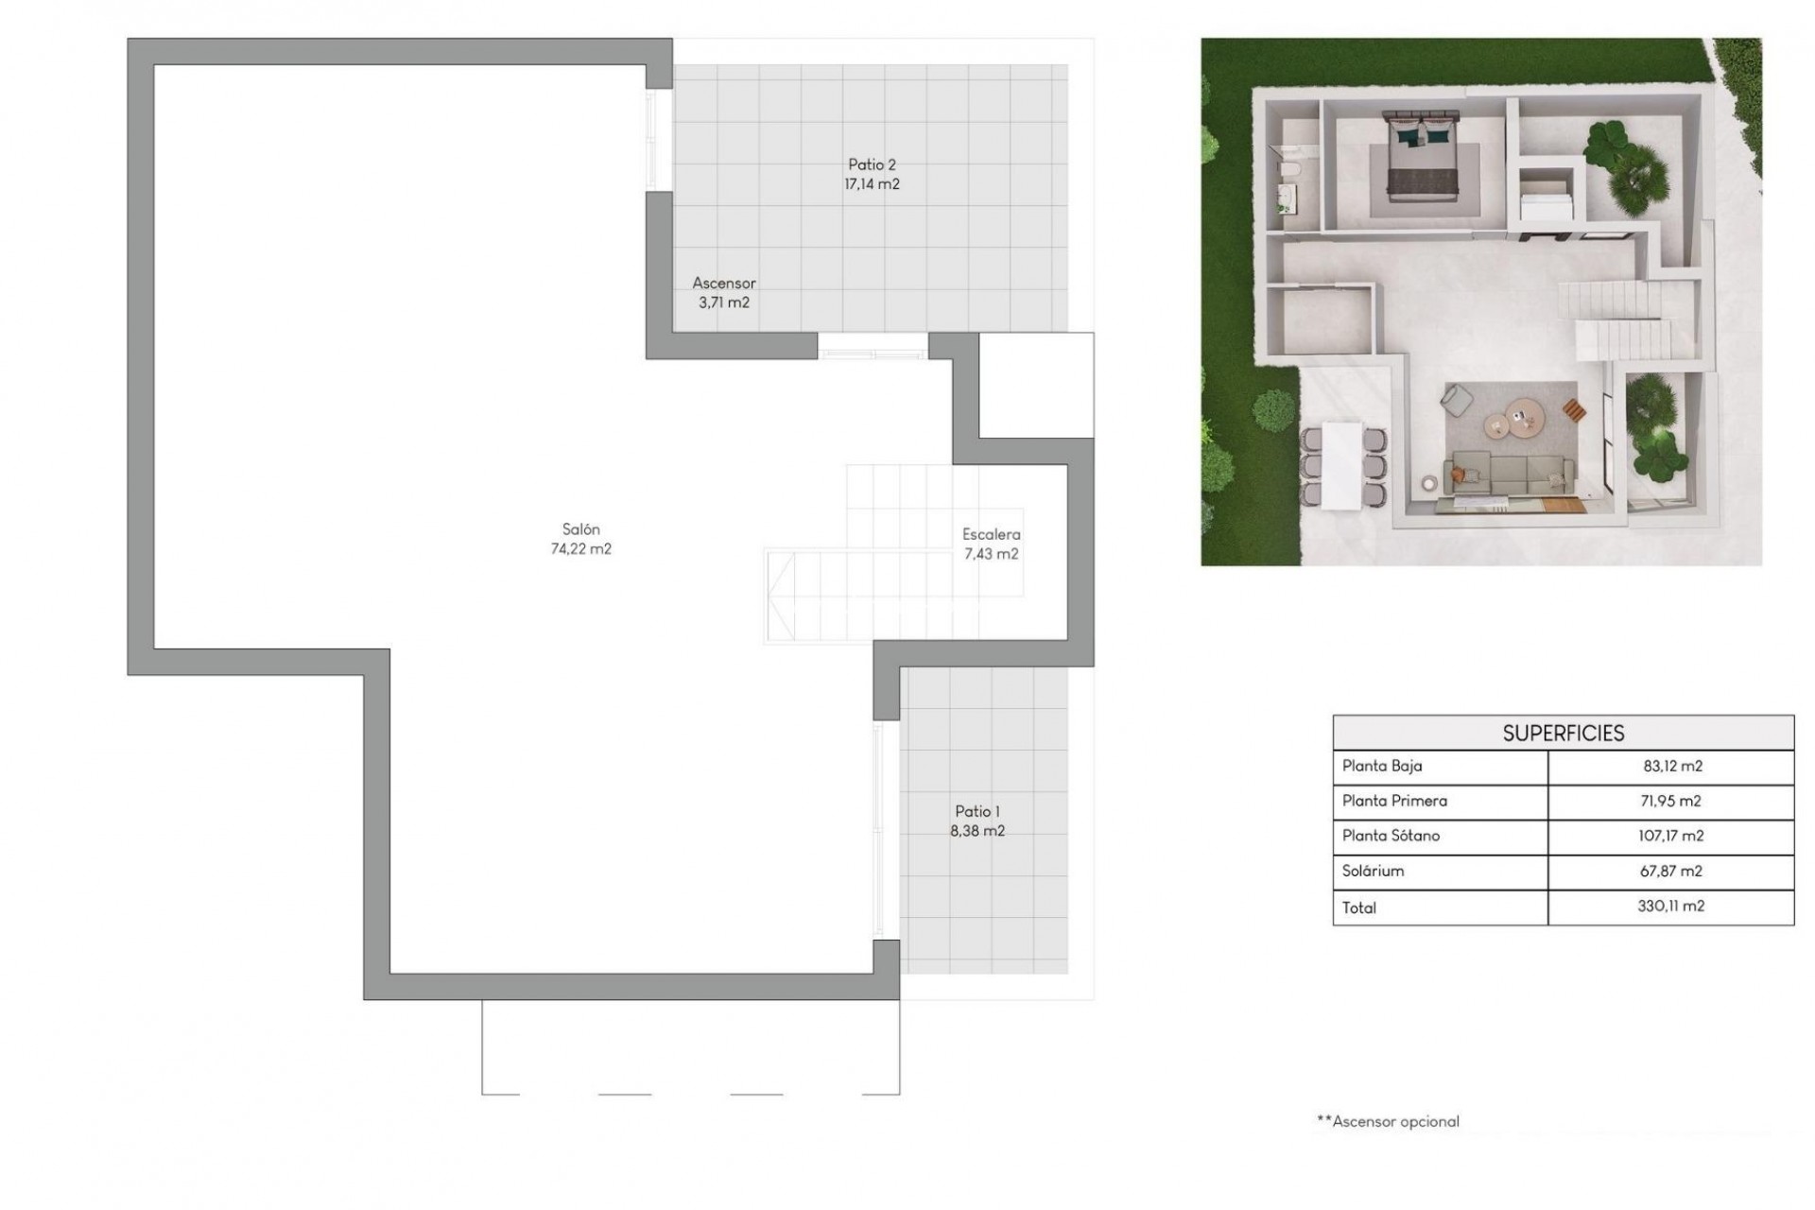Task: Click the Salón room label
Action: point(580,529)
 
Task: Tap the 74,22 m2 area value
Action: point(580,549)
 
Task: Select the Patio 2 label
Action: point(872,164)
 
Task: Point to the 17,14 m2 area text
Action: point(872,184)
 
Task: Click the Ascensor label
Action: point(724,283)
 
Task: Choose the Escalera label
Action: point(991,534)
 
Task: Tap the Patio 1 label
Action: point(977,811)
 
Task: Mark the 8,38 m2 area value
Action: point(977,831)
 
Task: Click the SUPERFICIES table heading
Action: point(1563,733)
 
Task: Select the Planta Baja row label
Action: point(1381,766)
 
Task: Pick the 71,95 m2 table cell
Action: point(1670,801)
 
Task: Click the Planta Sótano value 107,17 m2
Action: point(1670,836)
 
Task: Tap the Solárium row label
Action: point(1373,871)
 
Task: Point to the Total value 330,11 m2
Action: point(1670,906)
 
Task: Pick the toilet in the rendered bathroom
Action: point(1288,171)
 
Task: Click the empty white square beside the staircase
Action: point(1036,385)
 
